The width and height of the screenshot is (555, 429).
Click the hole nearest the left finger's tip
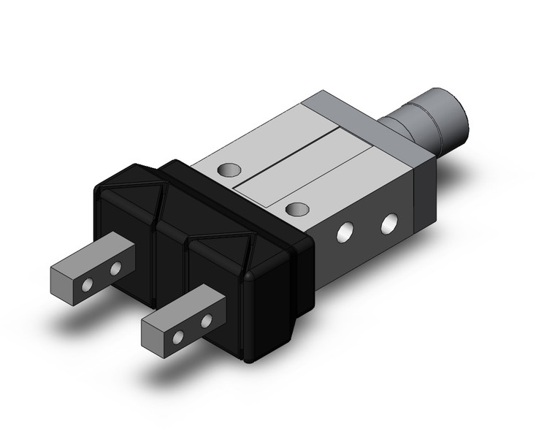pos(88,284)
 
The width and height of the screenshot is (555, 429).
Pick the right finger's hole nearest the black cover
pos(206,321)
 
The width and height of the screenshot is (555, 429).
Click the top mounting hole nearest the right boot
pos(296,210)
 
